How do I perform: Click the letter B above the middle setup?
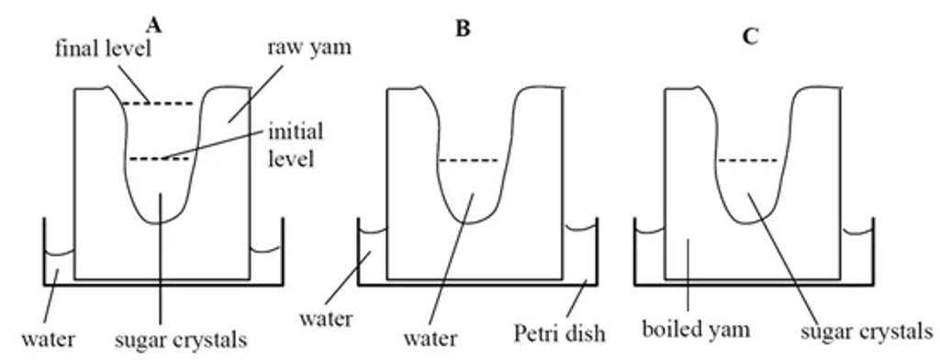[x=463, y=28]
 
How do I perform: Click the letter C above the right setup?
[x=751, y=38]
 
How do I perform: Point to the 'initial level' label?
[x=295, y=144]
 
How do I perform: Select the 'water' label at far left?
[x=49, y=340]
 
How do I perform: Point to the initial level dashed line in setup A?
[x=158, y=160]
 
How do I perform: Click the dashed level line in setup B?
[x=468, y=161]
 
